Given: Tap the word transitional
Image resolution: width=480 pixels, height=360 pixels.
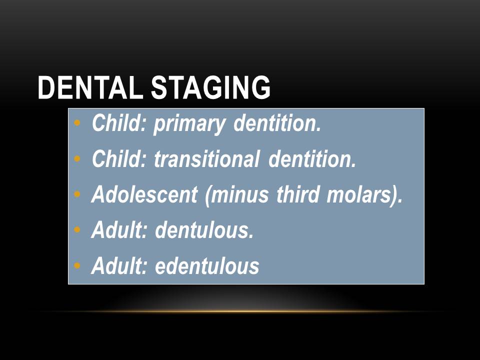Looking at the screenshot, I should [x=206, y=159].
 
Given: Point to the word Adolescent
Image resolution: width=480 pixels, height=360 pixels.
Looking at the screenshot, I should [x=144, y=195].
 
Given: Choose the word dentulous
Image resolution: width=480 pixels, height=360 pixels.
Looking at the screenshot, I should [x=204, y=230].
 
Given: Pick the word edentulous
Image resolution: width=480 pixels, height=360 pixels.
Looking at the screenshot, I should [x=207, y=266].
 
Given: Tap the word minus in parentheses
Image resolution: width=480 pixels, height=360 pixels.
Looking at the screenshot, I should [x=238, y=195].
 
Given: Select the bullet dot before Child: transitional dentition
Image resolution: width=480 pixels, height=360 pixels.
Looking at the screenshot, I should [x=76, y=159].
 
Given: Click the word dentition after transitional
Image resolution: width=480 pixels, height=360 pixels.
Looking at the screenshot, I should [x=312, y=159].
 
